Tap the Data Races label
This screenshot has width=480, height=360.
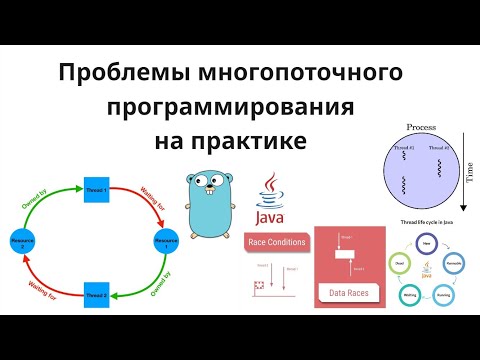349,293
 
